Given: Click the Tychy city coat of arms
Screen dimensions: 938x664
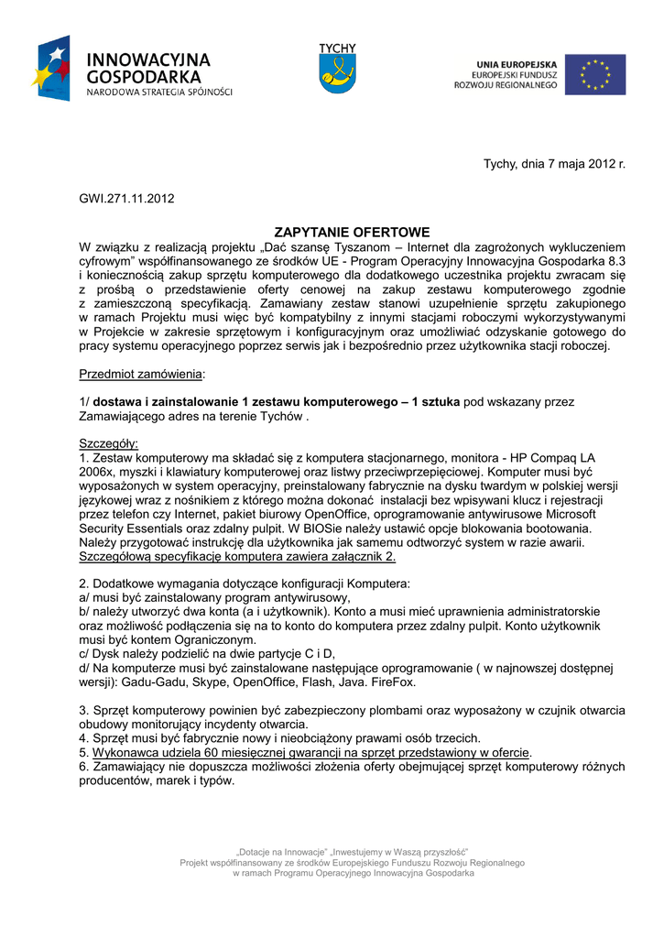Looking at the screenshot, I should (x=337, y=71).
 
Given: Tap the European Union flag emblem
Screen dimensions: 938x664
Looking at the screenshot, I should (x=594, y=74).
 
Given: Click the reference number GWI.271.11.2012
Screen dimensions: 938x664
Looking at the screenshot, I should (x=126, y=197).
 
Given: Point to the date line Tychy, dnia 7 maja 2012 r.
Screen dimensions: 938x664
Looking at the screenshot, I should (x=554, y=164).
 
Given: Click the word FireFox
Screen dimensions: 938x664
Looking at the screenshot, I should (x=390, y=682).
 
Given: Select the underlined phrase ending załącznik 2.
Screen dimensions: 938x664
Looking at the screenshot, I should (x=238, y=556).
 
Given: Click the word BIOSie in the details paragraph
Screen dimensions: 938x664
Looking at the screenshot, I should (x=356, y=529).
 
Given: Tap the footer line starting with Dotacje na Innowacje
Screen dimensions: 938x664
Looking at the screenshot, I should (x=353, y=851).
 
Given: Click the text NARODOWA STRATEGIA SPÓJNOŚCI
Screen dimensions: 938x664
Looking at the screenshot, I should (x=159, y=93).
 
